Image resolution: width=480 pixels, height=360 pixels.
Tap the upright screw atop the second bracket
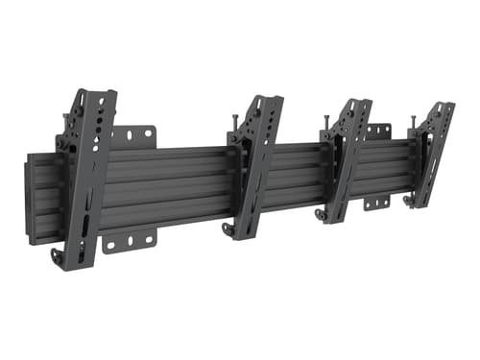point(234,120)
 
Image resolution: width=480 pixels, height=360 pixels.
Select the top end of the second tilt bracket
point(264,102)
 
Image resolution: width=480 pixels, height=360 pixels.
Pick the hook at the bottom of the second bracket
point(227,230)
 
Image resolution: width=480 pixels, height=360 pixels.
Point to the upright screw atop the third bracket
point(326,119)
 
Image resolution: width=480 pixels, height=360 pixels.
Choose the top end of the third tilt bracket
point(354,104)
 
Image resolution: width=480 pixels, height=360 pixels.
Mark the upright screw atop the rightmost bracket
point(414,120)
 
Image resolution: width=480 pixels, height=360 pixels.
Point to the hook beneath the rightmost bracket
point(410,201)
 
